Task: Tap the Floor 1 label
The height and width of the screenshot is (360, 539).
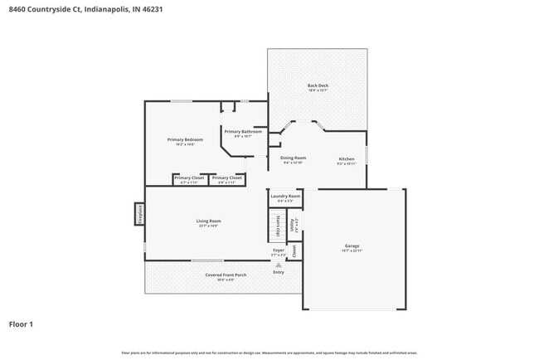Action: (22, 324)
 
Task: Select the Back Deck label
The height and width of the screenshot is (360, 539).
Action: (318, 85)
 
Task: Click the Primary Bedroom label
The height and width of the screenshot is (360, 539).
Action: (185, 139)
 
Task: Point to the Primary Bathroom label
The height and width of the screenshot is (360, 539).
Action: (243, 132)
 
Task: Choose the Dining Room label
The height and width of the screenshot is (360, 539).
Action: (293, 158)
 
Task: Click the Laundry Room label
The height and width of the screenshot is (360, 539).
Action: (284, 196)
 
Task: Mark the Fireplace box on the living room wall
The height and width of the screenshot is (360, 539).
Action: (138, 214)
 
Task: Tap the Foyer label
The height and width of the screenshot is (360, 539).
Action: (279, 250)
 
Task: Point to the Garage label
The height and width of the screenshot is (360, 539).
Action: (352, 246)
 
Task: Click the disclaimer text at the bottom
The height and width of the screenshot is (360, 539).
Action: (269, 353)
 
